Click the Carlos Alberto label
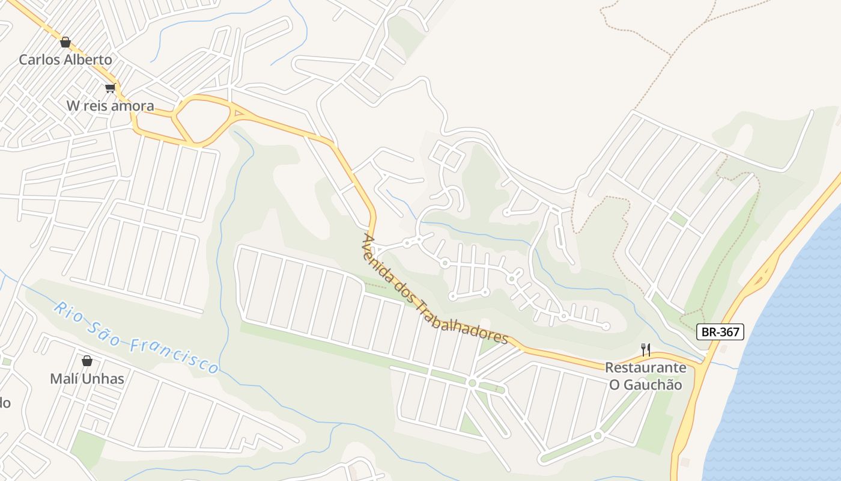(x=65, y=60)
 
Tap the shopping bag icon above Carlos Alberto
(x=65, y=42)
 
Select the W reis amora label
(x=110, y=106)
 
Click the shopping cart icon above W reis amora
(x=110, y=88)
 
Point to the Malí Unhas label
(x=87, y=379)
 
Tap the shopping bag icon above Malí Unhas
(x=87, y=361)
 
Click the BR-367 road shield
(x=720, y=332)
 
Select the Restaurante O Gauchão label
(x=646, y=376)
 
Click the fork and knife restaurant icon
(x=646, y=349)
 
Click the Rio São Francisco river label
(x=136, y=338)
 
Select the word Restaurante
(x=646, y=367)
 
